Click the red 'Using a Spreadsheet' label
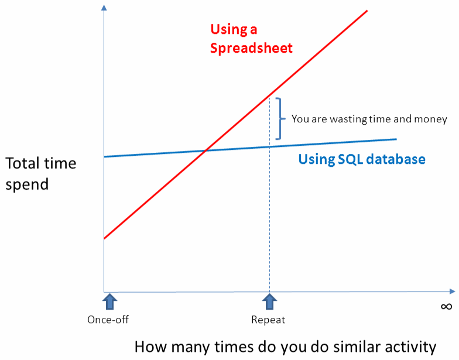coord(251,39)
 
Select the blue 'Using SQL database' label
coord(362,159)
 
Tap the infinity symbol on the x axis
coord(446,307)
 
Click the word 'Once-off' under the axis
coord(108,320)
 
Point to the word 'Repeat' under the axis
coord(268,320)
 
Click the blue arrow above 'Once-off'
coord(110,301)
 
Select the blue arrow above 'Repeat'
coord(269,301)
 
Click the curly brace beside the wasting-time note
coord(280,118)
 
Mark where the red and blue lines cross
coord(206,151)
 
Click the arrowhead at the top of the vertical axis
coord(104,7)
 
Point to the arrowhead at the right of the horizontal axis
coord(452,292)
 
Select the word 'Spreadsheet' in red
coord(251,48)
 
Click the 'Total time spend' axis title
coord(41,173)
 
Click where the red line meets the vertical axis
coord(104,239)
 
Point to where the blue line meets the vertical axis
coord(104,157)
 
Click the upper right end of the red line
coord(367,11)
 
